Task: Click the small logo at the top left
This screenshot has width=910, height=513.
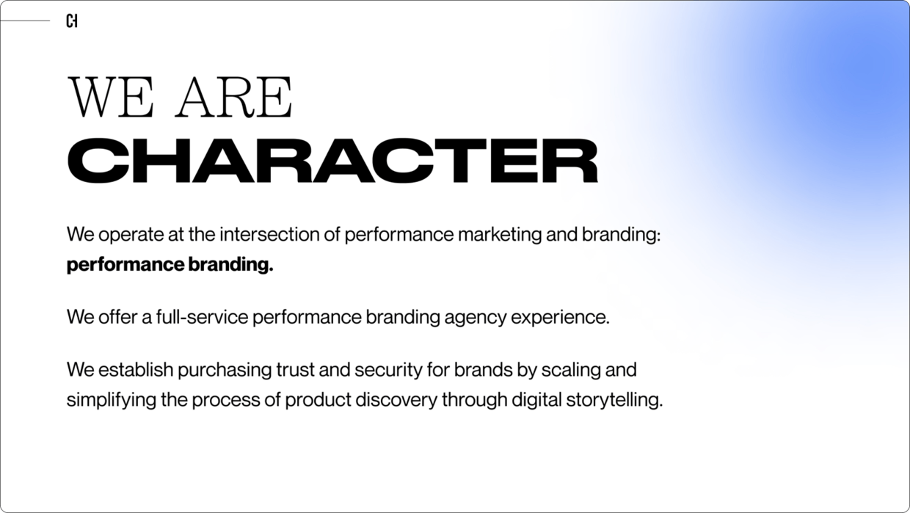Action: click(71, 21)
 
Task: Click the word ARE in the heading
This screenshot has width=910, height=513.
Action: click(233, 98)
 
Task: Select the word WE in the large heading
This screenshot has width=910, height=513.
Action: click(110, 98)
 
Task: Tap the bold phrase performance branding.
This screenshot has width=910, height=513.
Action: click(170, 265)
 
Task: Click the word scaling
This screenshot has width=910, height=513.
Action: click(570, 369)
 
